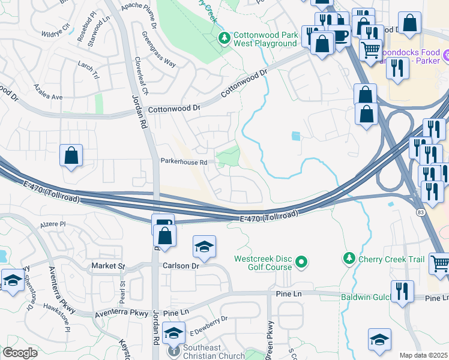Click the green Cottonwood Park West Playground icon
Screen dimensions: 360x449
click(x=224, y=39)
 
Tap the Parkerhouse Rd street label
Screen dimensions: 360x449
click(x=184, y=161)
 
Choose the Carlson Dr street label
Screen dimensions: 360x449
click(x=180, y=266)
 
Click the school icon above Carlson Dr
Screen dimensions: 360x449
click(x=204, y=247)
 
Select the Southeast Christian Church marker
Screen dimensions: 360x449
click(x=174, y=350)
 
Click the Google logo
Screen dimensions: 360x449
click(x=20, y=353)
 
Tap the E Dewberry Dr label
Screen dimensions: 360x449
click(x=208, y=325)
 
